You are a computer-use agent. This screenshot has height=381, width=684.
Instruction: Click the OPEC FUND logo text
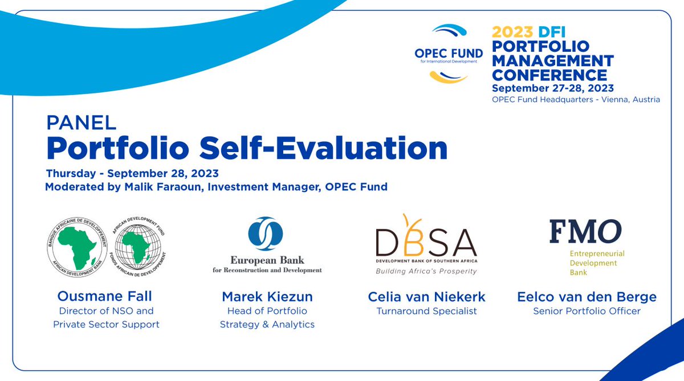coord(448,53)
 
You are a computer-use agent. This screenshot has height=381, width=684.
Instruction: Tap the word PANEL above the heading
coord(82,122)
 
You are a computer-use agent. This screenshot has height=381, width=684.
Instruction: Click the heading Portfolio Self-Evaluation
coord(247,148)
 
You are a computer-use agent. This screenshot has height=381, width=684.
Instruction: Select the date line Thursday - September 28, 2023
coord(132,173)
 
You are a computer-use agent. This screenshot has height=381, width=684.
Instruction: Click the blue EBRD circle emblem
coord(265,233)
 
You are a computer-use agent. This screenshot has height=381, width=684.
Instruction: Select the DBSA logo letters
coord(426,242)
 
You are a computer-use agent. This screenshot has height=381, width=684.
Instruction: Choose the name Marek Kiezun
coord(267,297)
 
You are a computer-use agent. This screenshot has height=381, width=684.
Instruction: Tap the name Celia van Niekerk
coord(426,297)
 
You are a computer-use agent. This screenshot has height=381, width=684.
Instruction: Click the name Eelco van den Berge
coord(587,297)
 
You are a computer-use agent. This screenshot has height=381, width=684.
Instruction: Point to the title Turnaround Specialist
coord(426,311)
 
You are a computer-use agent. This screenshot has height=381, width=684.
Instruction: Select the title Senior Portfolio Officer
coord(587,311)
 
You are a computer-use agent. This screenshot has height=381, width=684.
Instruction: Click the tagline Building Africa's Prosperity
coord(426,271)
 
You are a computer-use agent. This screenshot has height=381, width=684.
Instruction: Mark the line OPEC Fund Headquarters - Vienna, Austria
coord(576,99)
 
